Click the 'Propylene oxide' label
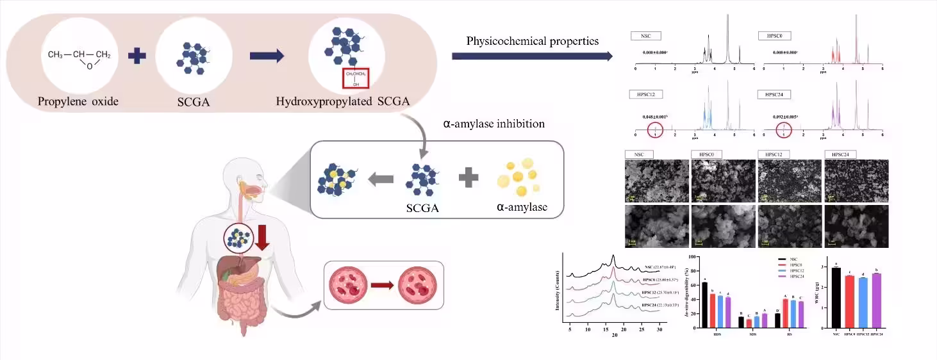click(78, 101)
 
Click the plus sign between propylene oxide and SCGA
click(137, 56)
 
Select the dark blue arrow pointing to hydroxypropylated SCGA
click(266, 56)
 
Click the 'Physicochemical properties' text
click(532, 41)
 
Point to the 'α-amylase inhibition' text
click(493, 124)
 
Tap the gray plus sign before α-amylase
click(468, 178)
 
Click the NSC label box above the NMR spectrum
click(645, 36)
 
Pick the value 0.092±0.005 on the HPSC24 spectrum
click(789, 117)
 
